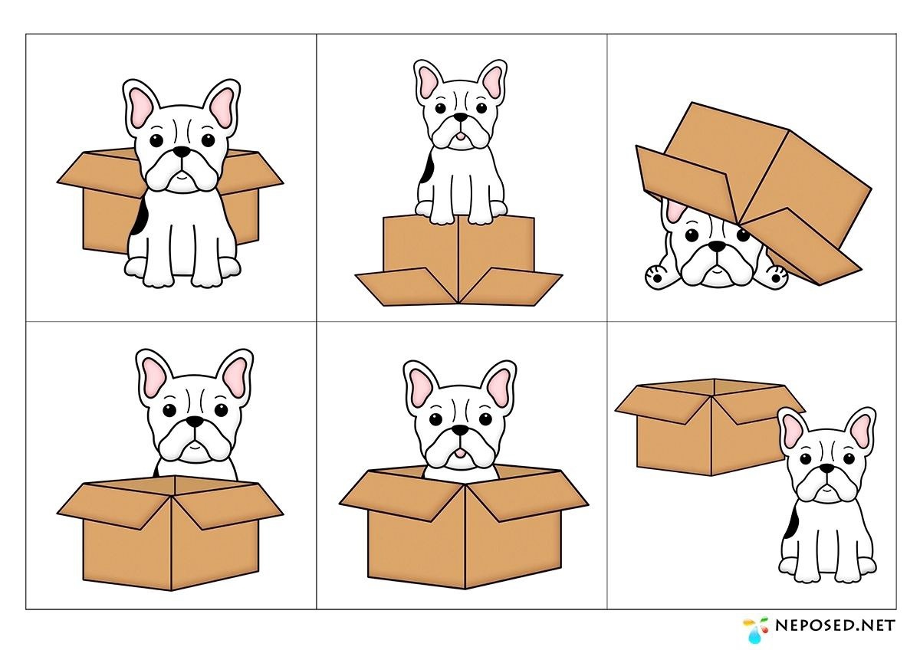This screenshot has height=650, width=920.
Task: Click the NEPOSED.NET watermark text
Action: [x=835, y=625]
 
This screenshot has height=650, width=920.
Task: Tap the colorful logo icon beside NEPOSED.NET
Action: [x=756, y=629]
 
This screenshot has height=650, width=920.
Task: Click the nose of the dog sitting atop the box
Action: [x=462, y=117]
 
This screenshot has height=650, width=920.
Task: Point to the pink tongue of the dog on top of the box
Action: [x=462, y=136]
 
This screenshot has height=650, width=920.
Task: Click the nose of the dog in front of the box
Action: [x=181, y=152]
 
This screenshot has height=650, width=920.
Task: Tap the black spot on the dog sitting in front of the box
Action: [x=139, y=217]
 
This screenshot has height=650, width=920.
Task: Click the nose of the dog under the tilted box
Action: [x=718, y=246]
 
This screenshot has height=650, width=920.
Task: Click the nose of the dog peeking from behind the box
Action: [x=195, y=422]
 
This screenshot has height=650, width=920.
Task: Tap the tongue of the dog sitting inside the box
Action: [x=461, y=453]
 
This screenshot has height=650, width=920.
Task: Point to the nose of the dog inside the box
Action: [x=461, y=430]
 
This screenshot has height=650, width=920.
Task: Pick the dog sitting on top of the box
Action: [x=461, y=142]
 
